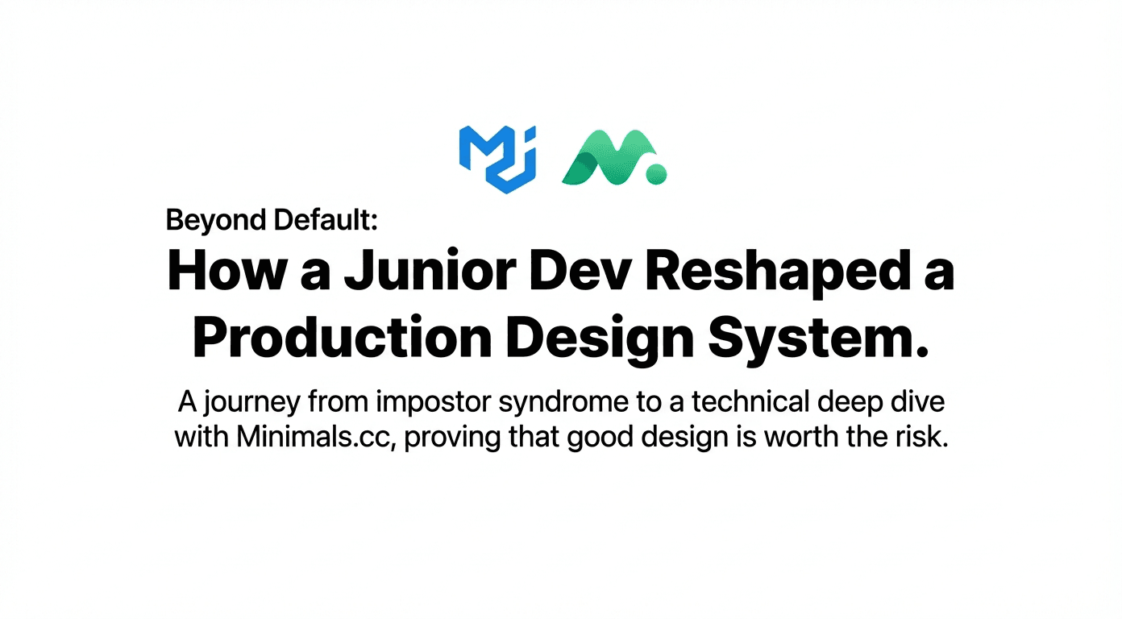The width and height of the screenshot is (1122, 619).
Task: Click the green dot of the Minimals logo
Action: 657,172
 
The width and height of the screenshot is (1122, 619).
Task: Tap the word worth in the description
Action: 798,438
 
